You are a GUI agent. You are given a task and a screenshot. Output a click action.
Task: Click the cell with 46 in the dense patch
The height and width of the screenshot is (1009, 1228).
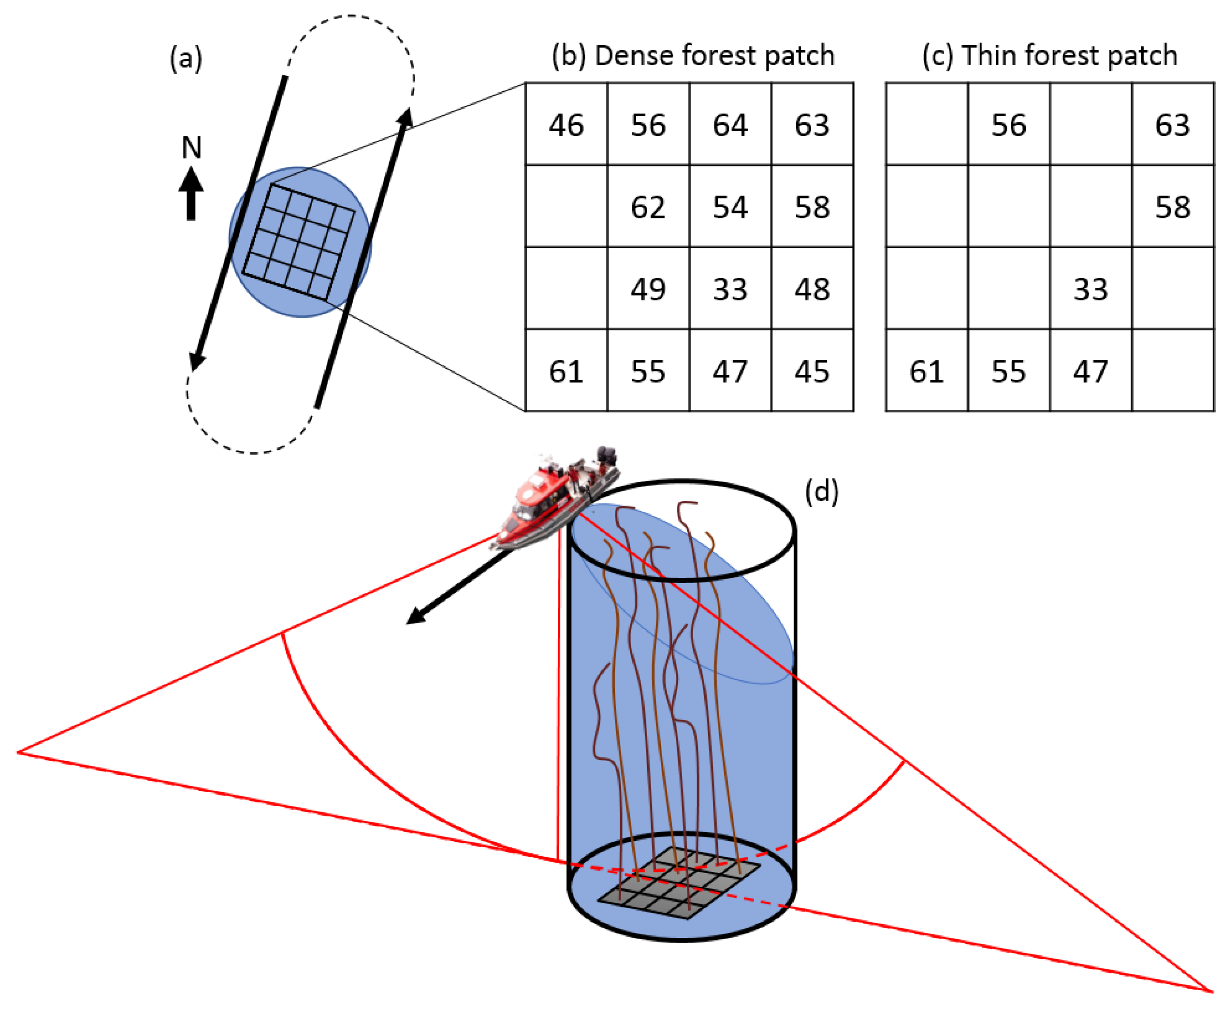[x=566, y=124]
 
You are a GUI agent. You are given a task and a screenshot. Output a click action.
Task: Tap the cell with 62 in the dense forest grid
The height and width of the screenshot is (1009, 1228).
[x=648, y=207]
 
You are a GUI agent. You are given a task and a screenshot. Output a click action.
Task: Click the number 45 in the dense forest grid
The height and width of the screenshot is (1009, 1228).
[x=812, y=371]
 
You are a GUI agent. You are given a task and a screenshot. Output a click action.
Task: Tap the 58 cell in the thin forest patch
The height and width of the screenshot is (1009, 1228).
[x=1172, y=207]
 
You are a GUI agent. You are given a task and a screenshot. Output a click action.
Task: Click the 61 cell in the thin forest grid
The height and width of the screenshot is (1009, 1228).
[x=927, y=371]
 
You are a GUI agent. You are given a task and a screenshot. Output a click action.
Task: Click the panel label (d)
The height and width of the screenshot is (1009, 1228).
[x=821, y=492]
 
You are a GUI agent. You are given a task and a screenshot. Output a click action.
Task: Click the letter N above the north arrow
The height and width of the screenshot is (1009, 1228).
[x=191, y=148]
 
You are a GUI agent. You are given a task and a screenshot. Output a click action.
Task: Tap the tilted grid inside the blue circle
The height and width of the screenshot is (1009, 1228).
[x=298, y=242]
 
